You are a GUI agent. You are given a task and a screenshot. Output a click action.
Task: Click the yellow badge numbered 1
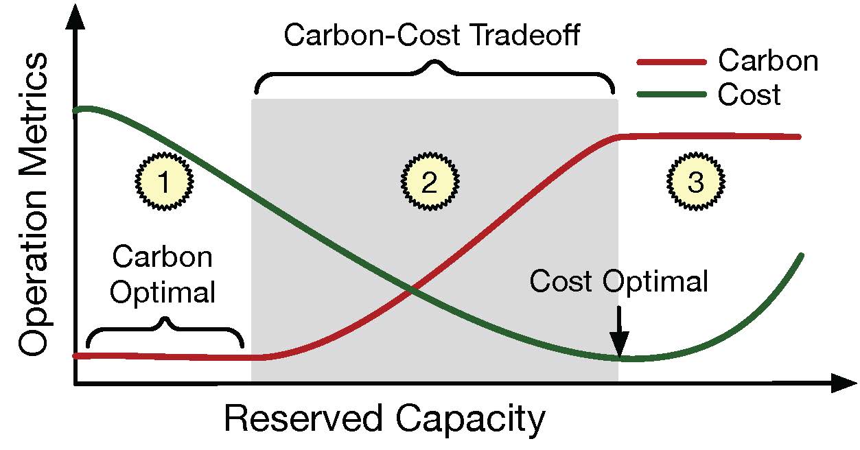coord(163,182)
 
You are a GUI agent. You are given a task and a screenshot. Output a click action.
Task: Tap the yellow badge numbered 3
coord(695,182)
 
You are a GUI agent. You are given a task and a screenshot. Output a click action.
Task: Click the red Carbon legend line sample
coord(671,62)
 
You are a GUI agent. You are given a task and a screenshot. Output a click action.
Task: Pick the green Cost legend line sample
coord(671,95)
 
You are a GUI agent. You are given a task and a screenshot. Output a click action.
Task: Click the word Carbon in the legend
coord(768,61)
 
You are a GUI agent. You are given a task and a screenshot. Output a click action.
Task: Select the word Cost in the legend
coord(749,95)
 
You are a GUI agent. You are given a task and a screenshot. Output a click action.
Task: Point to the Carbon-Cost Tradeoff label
coord(432,35)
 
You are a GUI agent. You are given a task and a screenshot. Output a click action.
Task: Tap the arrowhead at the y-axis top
coord(75,15)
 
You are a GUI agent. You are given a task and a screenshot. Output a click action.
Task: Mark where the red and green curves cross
coord(411,291)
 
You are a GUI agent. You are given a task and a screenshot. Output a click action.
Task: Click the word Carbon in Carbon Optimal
coord(163,258)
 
